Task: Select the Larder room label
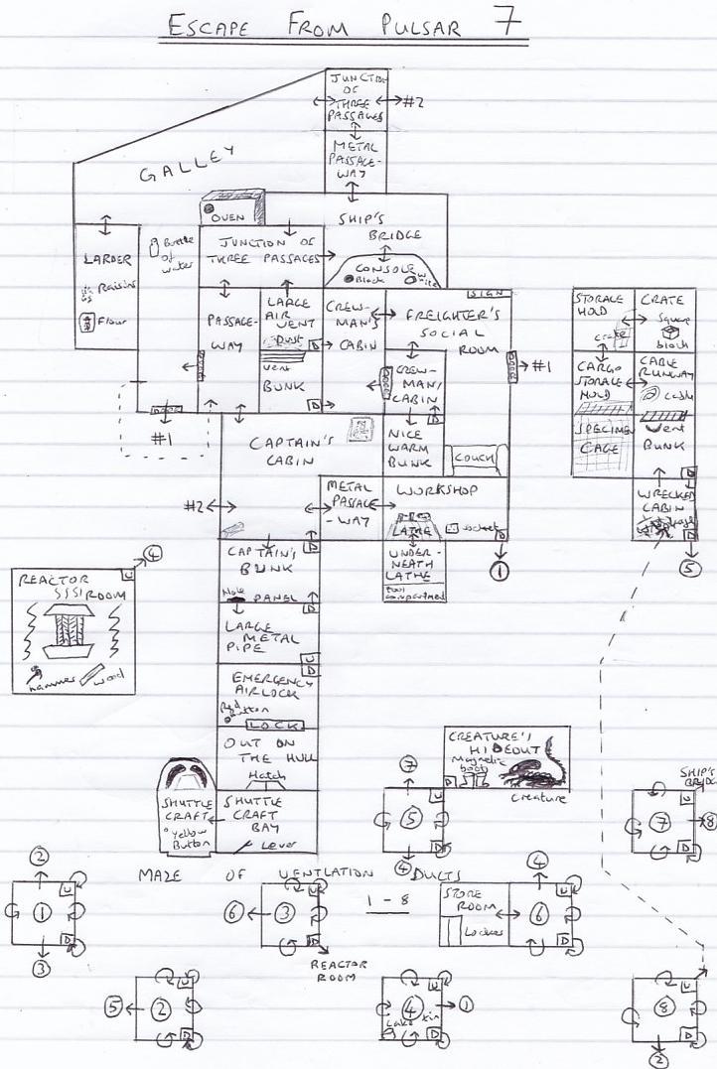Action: (106, 260)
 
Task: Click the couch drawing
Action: (478, 458)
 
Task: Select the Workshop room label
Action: (437, 490)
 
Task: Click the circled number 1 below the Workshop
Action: (499, 570)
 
